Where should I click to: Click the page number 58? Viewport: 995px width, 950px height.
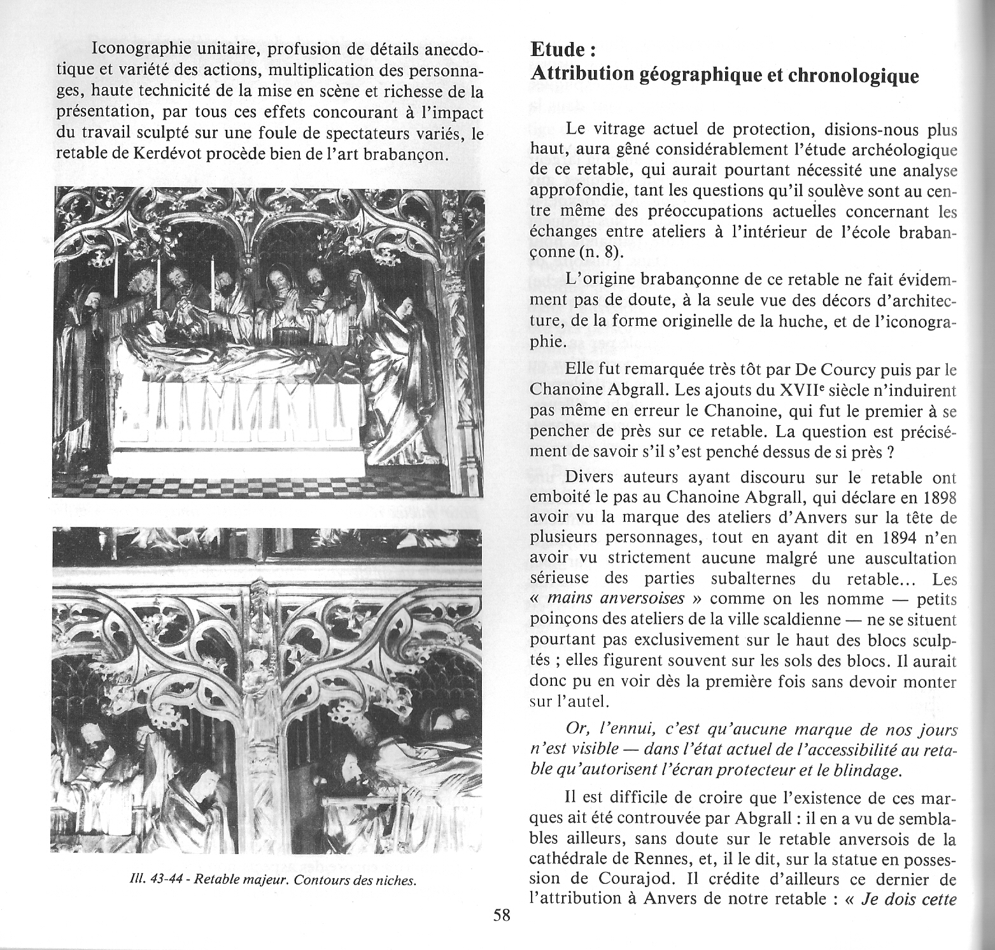(x=502, y=916)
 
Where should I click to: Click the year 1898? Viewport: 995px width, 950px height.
(x=938, y=496)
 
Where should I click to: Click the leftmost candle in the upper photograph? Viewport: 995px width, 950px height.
(x=116, y=276)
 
